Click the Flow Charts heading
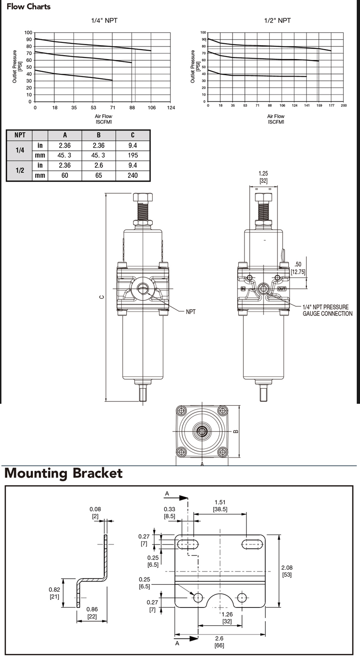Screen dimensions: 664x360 pos(28,7)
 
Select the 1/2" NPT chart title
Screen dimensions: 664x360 pos(277,21)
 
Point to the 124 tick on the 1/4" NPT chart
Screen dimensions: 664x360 pos(171,108)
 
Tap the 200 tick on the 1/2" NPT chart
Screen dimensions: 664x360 pos(344,105)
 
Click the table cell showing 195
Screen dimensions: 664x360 pos(133,155)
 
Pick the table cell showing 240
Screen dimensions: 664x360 pos(133,175)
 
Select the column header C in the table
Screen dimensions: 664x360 pos(133,135)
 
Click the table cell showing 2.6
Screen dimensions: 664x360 pos(99,165)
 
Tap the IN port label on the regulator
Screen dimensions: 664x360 pos(243,289)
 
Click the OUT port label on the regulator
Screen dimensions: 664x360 pos(282,289)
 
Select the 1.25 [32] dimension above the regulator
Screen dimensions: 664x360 pos(263,177)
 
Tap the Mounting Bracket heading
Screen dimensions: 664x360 pos(63,473)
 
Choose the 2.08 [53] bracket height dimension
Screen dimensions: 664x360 pos(287,571)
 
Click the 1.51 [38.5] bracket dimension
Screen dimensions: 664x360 pos(220,505)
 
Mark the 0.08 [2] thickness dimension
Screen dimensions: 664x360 pos(95,512)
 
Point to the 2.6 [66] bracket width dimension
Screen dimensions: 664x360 pos(220,642)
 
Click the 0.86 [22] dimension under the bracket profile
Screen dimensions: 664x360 pos(92,613)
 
